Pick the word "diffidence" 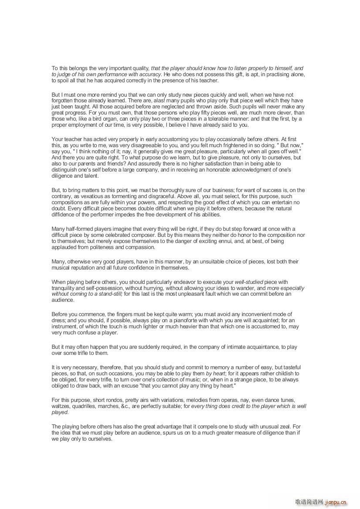pos(66,215)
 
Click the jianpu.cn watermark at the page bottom pos(335,502)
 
